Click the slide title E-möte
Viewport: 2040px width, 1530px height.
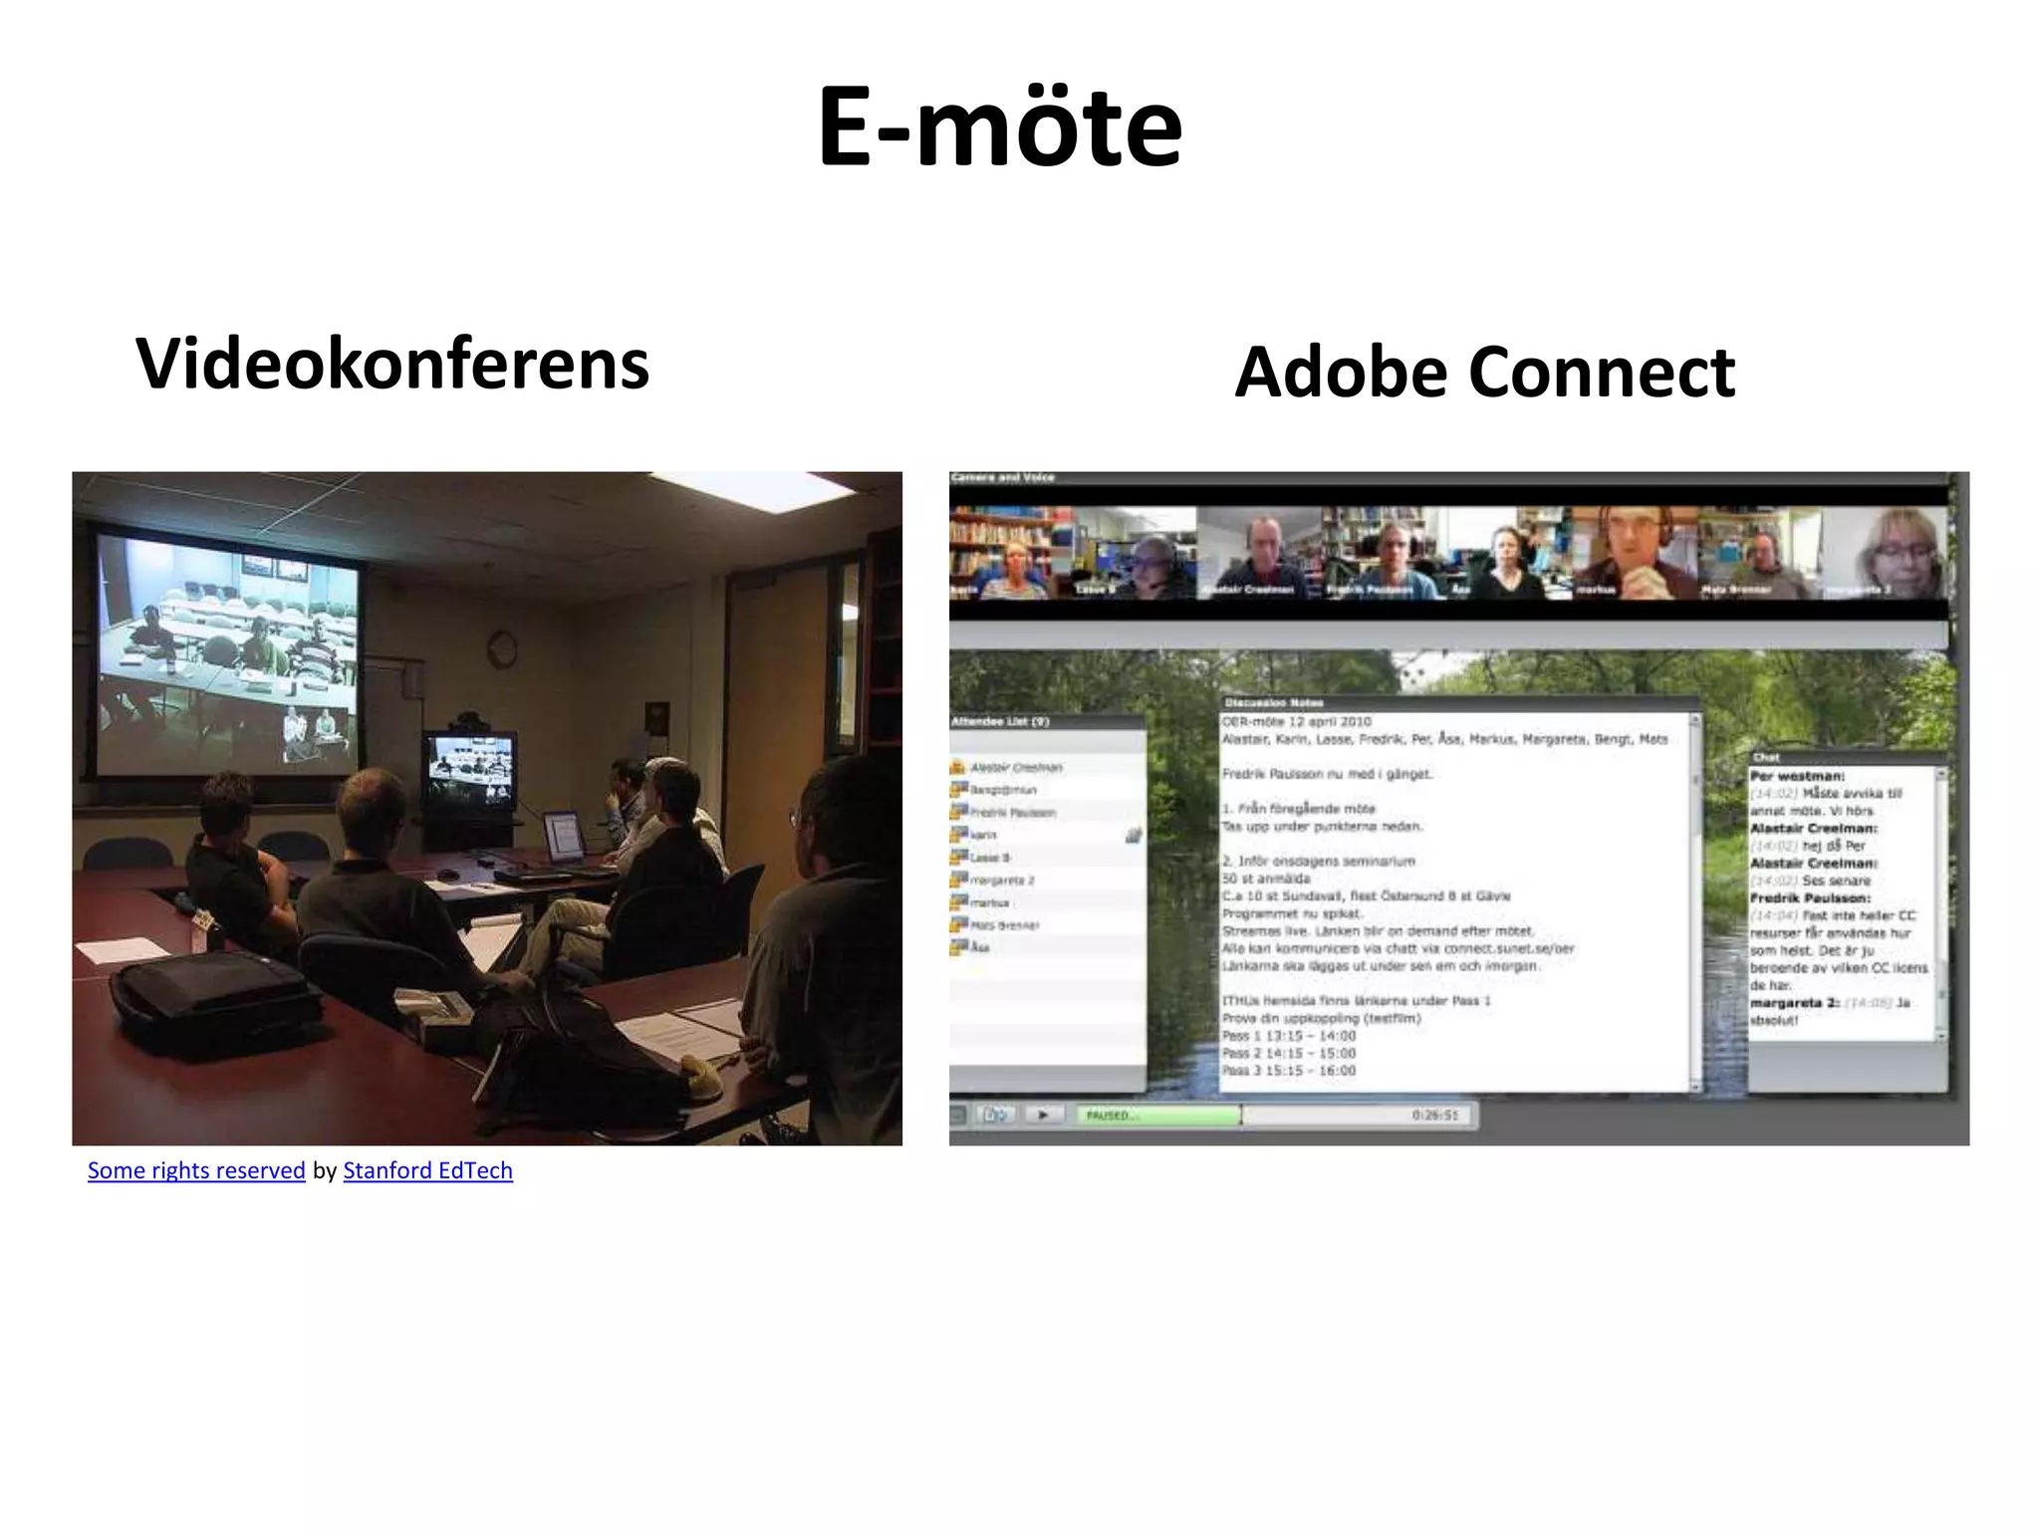(1000, 127)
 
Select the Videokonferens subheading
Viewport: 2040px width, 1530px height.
(392, 364)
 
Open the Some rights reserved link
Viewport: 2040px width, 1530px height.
(196, 1170)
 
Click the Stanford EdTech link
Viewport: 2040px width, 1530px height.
(427, 1170)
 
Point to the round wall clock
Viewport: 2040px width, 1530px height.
(502, 649)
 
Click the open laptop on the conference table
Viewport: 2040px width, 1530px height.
(563, 836)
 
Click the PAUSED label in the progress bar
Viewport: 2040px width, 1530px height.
(1108, 1116)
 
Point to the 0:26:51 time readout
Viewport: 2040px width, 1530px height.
(1434, 1116)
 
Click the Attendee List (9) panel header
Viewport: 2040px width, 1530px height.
(1000, 721)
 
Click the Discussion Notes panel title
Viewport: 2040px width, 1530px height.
(1273, 703)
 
